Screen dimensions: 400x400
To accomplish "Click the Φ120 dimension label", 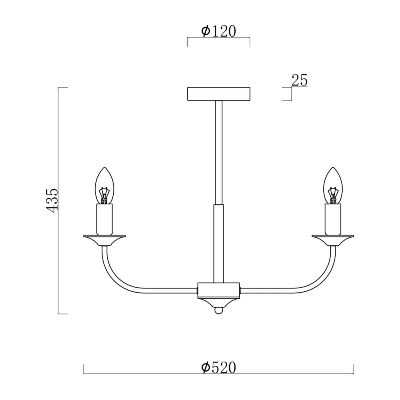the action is pyautogui.click(x=219, y=31).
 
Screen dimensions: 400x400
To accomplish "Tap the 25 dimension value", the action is pyautogui.click(x=299, y=80).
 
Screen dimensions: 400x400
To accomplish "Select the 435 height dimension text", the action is pyautogui.click(x=52, y=201).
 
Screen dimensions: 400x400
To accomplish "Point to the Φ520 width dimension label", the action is pyautogui.click(x=219, y=368).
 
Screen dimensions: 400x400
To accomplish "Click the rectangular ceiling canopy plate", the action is pyautogui.click(x=219, y=94).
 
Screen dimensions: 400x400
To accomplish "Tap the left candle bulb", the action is pyautogui.click(x=104, y=185).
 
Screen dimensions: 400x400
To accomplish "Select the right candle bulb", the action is pyautogui.click(x=333, y=185).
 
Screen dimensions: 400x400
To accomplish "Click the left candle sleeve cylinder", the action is pyautogui.click(x=104, y=219).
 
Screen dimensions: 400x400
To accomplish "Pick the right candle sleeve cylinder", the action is pyautogui.click(x=333, y=219).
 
